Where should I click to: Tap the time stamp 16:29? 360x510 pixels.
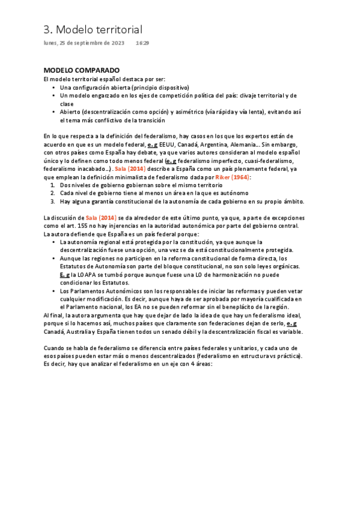coord(142,43)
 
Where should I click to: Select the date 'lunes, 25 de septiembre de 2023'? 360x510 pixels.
coord(84,43)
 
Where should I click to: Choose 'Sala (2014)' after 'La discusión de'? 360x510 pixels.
coord(100,217)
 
